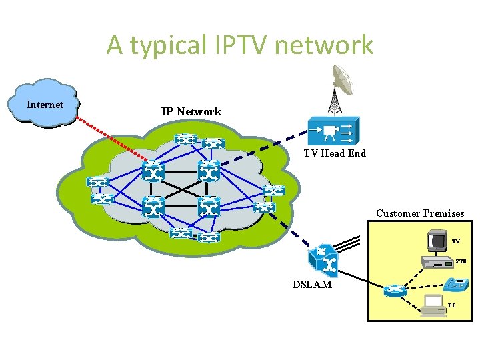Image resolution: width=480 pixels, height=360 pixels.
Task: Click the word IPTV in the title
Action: pos(241,45)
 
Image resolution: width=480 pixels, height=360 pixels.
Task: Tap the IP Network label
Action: pos(191,111)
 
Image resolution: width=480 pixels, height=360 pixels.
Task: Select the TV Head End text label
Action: pos(335,153)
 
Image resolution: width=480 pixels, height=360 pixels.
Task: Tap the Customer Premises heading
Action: pos(420,213)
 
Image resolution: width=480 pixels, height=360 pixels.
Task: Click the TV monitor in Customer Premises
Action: pos(438,239)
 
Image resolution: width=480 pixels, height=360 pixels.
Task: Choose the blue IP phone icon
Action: pos(455,284)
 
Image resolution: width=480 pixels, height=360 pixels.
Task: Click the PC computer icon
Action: pos(434,304)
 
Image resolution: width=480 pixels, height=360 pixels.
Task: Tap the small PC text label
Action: pos(451,305)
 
